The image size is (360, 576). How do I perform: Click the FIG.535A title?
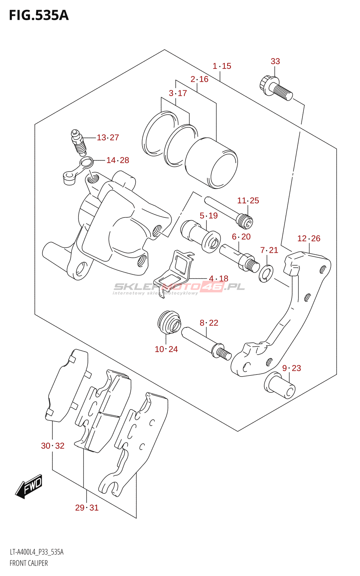(x=39, y=15)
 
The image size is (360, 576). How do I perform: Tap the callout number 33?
(x=275, y=61)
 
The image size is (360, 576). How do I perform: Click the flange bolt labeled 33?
(x=276, y=88)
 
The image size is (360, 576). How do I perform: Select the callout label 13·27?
(x=108, y=137)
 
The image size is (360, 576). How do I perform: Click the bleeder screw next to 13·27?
(x=79, y=142)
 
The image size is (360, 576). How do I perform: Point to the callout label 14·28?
(x=117, y=160)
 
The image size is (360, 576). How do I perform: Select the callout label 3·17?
(x=178, y=93)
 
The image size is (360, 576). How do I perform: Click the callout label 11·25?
(x=248, y=200)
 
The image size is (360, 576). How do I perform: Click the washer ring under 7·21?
(x=266, y=273)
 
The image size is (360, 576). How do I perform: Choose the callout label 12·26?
(x=309, y=238)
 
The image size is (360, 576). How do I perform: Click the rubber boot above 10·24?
(x=170, y=323)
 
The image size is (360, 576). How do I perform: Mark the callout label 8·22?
(x=209, y=323)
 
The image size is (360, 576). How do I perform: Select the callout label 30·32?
(x=53, y=446)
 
